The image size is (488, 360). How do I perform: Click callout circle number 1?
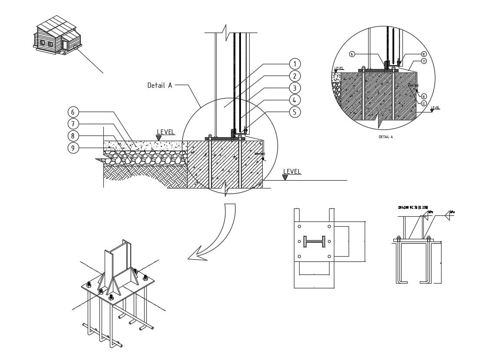pos(294,64)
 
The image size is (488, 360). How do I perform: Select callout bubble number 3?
pos(294,88)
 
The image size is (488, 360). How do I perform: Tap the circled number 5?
pos(294,112)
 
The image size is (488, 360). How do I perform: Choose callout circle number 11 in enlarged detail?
pos(424,61)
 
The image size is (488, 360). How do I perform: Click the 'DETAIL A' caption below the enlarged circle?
pos(386,137)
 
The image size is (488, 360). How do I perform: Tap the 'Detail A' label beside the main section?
pos(159,86)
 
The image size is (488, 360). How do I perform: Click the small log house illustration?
pos(56,36)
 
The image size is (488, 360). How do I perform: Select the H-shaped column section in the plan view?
pos(314,241)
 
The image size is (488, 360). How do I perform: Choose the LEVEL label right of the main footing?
pos(292,172)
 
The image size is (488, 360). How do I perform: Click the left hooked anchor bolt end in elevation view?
pos(399,281)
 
